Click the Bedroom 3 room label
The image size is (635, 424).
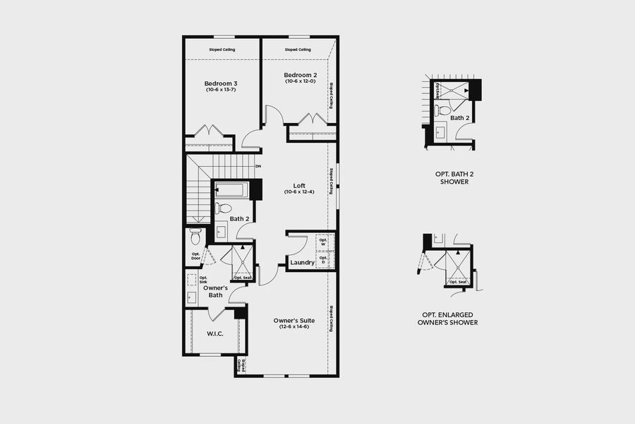pyautogui.click(x=222, y=83)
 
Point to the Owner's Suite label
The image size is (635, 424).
pyautogui.click(x=294, y=320)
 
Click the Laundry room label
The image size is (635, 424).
pyautogui.click(x=303, y=263)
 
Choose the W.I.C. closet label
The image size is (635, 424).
pyautogui.click(x=215, y=334)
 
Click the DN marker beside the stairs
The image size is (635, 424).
pyautogui.click(x=258, y=166)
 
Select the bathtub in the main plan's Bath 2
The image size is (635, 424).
pyautogui.click(x=230, y=190)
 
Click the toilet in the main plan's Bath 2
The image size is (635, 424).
pyautogui.click(x=224, y=208)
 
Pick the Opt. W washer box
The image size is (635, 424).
pyautogui.click(x=324, y=242)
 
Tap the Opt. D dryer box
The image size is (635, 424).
pyautogui.click(x=324, y=259)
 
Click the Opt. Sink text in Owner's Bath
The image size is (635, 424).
pyautogui.click(x=193, y=281)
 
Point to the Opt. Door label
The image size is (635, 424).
pyautogui.click(x=195, y=256)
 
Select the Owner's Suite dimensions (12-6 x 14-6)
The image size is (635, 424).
pyautogui.click(x=294, y=326)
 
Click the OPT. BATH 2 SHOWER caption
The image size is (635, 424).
pyautogui.click(x=452, y=177)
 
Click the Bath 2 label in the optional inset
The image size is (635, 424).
pyautogui.click(x=459, y=118)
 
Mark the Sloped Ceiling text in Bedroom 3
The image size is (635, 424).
pyautogui.click(x=222, y=49)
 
